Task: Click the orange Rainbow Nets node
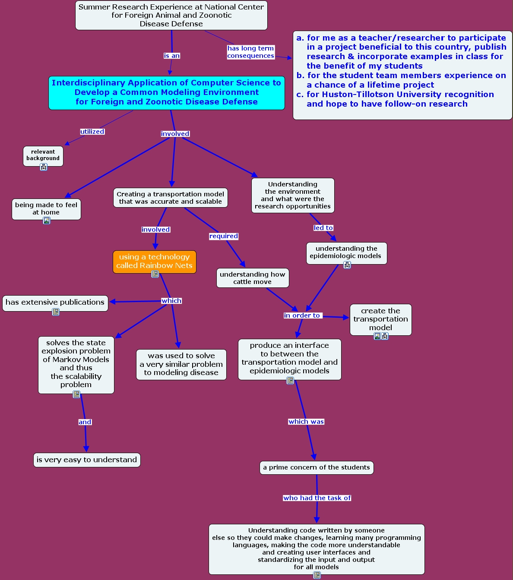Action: pos(154,262)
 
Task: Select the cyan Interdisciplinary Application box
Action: pos(166,92)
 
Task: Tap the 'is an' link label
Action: pos(172,56)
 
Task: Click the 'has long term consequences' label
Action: pos(250,52)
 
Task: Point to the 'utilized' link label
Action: pos(92,132)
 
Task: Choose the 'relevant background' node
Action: pos(43,155)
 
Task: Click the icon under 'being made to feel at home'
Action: pos(47,221)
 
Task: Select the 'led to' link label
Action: pos(323,228)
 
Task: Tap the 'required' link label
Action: pos(224,236)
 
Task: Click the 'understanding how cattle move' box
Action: pos(253,278)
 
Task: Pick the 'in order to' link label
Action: pos(302,315)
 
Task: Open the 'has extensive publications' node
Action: pos(55,303)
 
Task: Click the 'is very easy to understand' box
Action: pos(87,460)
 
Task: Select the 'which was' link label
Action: pos(306,422)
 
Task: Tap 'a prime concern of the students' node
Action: pos(317,467)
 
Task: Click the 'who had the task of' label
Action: pos(317,498)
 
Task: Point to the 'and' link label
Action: pos(85,422)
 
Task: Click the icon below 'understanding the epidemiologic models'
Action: pos(347,265)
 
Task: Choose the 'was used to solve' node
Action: pos(181,364)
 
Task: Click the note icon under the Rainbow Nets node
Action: pos(155,274)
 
